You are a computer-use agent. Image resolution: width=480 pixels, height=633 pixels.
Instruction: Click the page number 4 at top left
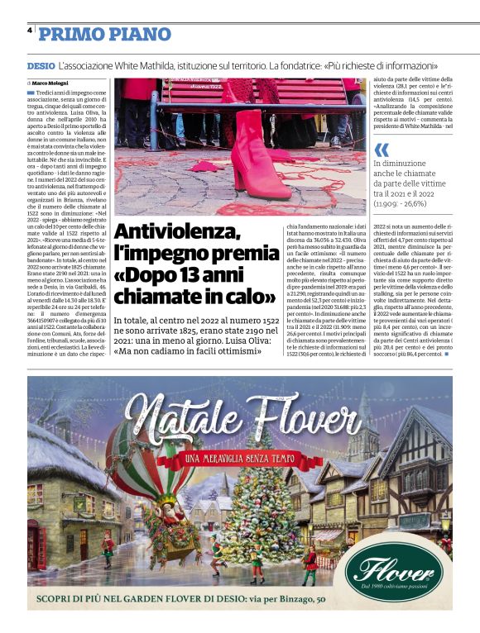[29, 31]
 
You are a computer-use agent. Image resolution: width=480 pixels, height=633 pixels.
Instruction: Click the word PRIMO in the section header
[70, 34]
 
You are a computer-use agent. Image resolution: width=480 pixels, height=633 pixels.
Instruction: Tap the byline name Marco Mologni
[51, 83]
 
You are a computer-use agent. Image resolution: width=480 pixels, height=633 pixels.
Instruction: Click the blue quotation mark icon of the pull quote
[382, 150]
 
